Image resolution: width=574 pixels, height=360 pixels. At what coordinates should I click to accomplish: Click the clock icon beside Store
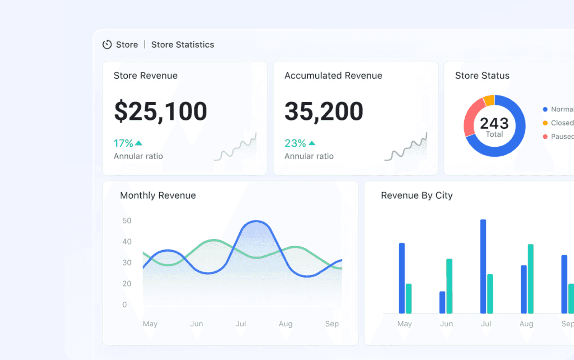click(x=107, y=44)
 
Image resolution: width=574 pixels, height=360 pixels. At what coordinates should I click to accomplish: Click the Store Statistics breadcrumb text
click(x=183, y=44)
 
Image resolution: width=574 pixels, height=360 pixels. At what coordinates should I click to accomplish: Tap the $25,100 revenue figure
click(x=160, y=111)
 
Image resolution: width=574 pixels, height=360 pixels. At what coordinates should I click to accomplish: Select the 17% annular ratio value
click(x=123, y=143)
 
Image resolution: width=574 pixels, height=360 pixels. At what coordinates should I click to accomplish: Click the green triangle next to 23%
click(x=312, y=143)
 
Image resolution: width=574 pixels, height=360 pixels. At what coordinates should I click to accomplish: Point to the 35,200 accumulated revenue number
click(x=324, y=111)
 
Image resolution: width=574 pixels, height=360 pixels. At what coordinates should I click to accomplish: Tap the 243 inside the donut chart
click(x=494, y=123)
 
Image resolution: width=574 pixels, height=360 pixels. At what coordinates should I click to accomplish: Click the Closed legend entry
click(x=562, y=123)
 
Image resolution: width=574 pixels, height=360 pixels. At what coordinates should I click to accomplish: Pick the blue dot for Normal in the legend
click(x=545, y=109)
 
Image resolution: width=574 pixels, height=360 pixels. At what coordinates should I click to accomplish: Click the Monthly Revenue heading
click(x=158, y=195)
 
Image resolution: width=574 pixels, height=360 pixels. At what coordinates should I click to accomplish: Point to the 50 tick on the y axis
click(x=127, y=221)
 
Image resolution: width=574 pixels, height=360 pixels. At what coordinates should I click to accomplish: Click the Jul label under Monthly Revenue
click(x=241, y=324)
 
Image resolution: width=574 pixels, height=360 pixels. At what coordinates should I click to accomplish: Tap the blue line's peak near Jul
click(x=256, y=221)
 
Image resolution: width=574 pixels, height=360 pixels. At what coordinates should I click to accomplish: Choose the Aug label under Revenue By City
click(x=526, y=324)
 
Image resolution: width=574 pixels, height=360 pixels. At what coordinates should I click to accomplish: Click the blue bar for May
click(x=402, y=278)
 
